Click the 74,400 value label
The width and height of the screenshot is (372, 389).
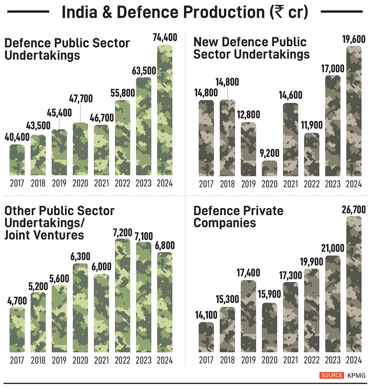(x=165, y=38)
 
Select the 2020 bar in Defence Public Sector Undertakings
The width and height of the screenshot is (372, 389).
(x=80, y=149)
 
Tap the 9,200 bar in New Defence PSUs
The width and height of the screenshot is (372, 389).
(x=270, y=168)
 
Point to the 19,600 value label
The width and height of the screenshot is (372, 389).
(x=354, y=40)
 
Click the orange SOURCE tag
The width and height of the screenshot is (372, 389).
(x=331, y=375)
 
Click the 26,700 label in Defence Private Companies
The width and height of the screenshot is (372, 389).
(x=354, y=210)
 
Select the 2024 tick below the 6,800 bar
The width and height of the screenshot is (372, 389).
(x=165, y=360)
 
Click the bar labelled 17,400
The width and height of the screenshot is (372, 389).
(x=249, y=316)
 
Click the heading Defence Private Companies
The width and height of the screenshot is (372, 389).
(x=238, y=217)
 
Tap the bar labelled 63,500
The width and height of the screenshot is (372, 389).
(x=143, y=126)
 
